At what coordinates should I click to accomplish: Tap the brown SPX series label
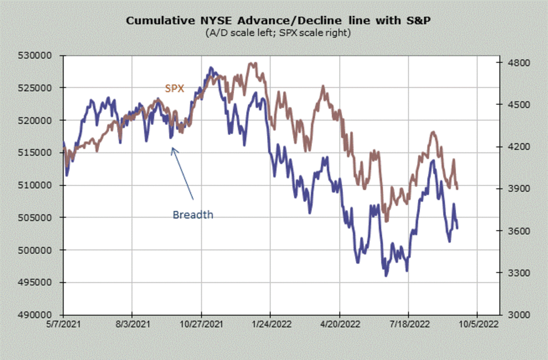click(174, 89)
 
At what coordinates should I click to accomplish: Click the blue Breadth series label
click(193, 214)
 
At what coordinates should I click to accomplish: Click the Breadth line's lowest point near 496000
click(386, 276)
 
